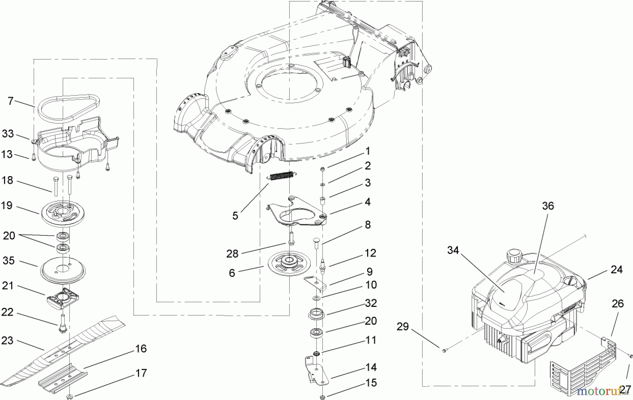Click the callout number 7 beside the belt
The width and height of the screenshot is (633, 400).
pyautogui.click(x=11, y=101)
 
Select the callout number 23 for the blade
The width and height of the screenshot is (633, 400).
pyautogui.click(x=7, y=340)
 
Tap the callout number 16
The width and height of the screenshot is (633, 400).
pyautogui.click(x=141, y=349)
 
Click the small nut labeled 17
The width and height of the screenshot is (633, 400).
pyautogui.click(x=70, y=396)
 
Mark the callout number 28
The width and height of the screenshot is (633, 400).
pyautogui.click(x=232, y=254)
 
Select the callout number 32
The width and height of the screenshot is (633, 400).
pyautogui.click(x=371, y=303)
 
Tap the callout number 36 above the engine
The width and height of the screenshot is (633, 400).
pyautogui.click(x=548, y=206)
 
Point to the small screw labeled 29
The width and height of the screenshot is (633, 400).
pyautogui.click(x=444, y=350)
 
